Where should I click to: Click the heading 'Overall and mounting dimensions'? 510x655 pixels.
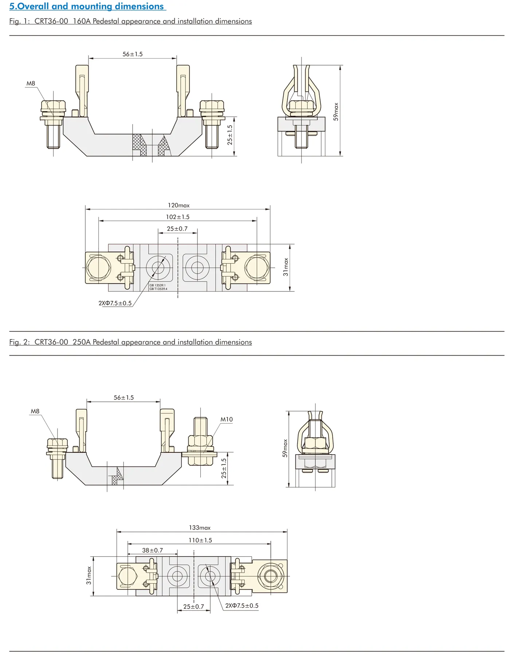click(87, 6)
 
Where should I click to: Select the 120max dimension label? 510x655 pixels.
click(178, 205)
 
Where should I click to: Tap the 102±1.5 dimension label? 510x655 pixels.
click(178, 217)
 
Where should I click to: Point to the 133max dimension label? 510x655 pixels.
click(200, 527)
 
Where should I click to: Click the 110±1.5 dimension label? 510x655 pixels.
click(200, 540)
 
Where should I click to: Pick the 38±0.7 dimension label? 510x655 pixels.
click(152, 550)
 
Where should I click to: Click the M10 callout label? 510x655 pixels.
click(227, 419)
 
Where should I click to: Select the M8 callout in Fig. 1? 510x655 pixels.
click(31, 83)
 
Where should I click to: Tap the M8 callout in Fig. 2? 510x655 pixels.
click(35, 411)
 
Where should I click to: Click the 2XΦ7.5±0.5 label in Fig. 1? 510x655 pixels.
click(115, 303)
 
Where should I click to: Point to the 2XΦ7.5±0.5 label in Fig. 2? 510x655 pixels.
click(242, 605)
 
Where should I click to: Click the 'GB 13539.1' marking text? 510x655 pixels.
click(157, 285)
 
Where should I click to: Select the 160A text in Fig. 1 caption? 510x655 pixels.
click(81, 21)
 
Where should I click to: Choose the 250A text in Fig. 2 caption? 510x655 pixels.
click(81, 342)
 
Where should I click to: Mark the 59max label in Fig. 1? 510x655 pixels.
click(336, 111)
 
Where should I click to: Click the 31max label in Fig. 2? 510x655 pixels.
click(89, 576)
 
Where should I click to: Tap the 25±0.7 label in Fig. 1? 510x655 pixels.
click(177, 229)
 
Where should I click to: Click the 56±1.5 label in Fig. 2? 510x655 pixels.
click(123, 397)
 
